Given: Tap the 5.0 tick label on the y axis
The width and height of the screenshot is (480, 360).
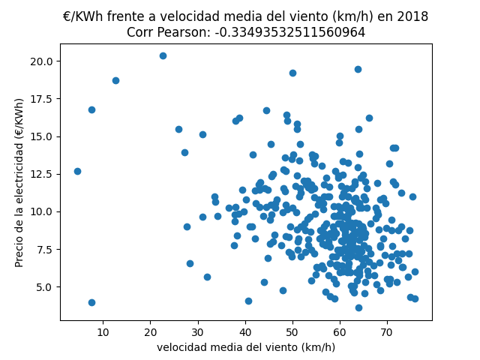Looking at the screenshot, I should coord(43,286).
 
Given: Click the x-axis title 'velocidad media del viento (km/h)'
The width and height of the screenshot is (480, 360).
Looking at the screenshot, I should coord(246,347).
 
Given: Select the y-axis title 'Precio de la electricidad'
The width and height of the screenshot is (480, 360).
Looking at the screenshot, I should coord(20,182).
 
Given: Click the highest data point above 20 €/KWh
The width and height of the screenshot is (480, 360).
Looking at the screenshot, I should coord(163,55).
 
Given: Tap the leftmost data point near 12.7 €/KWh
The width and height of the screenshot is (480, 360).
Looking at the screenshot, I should coord(77,171).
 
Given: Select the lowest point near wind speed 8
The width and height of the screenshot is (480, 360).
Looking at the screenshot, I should coord(91,302).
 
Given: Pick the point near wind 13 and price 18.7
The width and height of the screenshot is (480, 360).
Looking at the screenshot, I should coord(115,80).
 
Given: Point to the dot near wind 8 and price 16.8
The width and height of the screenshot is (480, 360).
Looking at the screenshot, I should coord(91,109).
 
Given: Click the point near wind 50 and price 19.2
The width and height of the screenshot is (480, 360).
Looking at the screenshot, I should coord(292,73).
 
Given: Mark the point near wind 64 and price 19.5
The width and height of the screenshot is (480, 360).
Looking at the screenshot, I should coord(358,69).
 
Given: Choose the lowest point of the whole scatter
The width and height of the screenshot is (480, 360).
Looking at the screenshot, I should coord(358,307).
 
